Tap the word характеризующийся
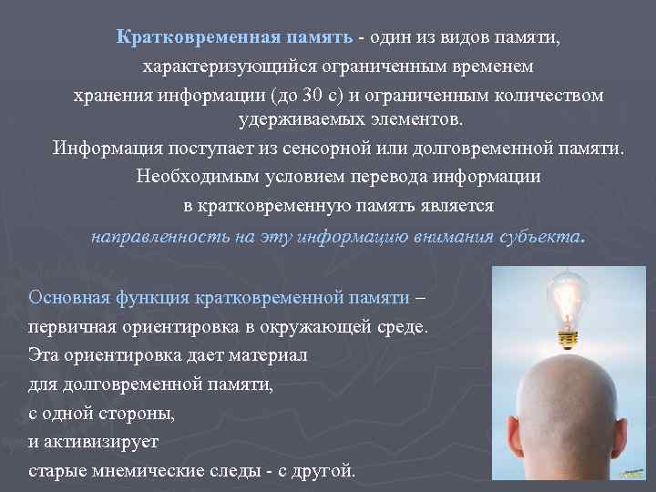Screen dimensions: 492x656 [x=213, y=67]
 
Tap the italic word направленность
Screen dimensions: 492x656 [x=154, y=236]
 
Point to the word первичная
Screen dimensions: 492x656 [x=69, y=326]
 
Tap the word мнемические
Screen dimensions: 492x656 [x=135, y=471]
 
